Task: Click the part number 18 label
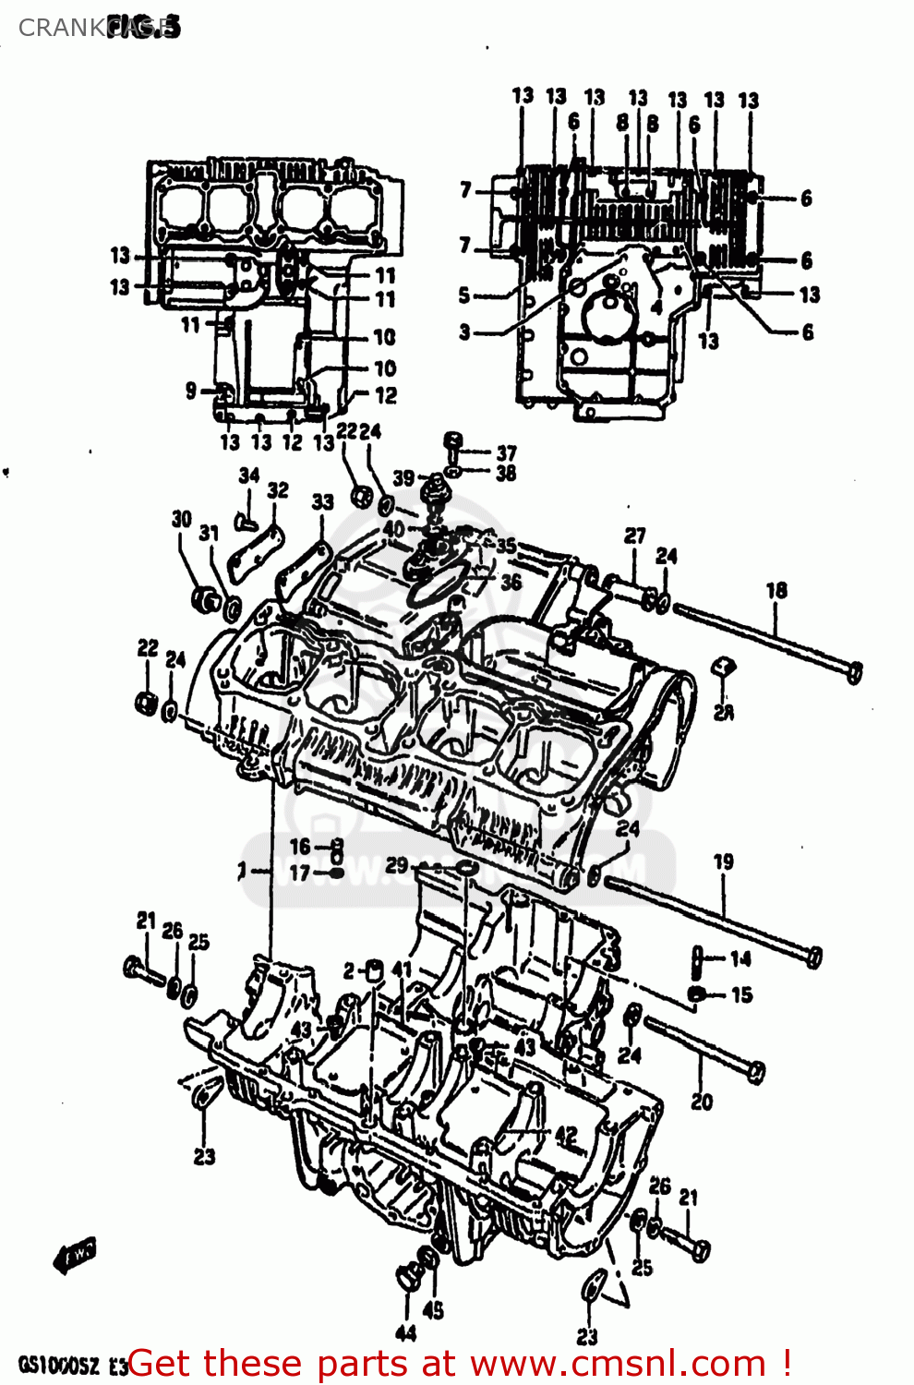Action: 776,590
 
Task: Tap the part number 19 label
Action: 723,861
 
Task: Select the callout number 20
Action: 702,1101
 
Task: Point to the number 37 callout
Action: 506,452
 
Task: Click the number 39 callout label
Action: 403,477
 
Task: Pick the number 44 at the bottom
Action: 405,1332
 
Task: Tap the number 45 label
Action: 433,1309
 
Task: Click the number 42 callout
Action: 565,1135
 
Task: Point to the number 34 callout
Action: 249,475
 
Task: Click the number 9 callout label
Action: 190,391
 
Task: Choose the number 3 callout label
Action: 464,331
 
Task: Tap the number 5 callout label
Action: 464,295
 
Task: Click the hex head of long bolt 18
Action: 855,673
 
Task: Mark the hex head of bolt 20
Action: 755,1072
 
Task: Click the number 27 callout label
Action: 634,536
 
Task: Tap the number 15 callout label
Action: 741,994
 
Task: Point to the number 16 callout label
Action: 300,846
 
